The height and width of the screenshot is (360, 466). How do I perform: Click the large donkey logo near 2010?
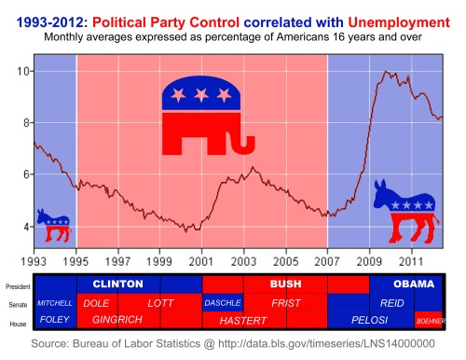(404, 212)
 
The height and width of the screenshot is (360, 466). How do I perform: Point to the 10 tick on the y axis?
(22, 71)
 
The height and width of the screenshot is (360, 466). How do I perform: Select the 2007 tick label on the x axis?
(328, 262)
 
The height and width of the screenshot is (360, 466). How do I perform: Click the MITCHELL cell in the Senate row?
(55, 303)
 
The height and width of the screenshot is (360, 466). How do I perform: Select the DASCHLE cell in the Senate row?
(222, 303)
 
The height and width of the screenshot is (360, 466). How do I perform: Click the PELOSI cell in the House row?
(369, 320)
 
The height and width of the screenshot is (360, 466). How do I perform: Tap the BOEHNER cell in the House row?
(430, 320)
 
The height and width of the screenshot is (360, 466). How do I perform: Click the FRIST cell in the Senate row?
(285, 303)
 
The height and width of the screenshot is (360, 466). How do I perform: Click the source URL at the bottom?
(325, 345)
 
